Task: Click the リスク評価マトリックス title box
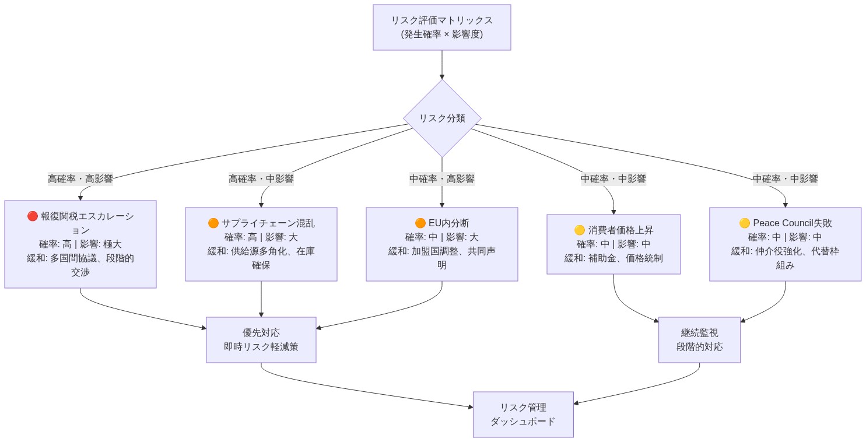(x=441, y=27)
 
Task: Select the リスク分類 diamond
(x=441, y=118)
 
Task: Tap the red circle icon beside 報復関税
(x=33, y=216)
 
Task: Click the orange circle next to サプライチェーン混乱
(x=213, y=223)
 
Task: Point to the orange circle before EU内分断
(x=420, y=223)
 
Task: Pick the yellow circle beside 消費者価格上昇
(x=580, y=230)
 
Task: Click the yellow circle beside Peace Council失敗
(x=744, y=223)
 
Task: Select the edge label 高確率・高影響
(x=80, y=179)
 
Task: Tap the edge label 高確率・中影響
(x=261, y=179)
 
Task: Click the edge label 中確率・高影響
(x=441, y=179)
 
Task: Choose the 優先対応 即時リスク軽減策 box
(x=261, y=340)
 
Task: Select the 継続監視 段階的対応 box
(x=699, y=340)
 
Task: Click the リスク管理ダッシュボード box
(x=523, y=414)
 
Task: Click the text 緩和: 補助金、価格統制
(x=613, y=258)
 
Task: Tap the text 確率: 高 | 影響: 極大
(x=80, y=244)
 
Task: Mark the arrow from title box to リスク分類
(x=441, y=64)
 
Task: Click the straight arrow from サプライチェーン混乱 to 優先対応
(x=261, y=299)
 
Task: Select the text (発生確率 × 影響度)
(x=441, y=34)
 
